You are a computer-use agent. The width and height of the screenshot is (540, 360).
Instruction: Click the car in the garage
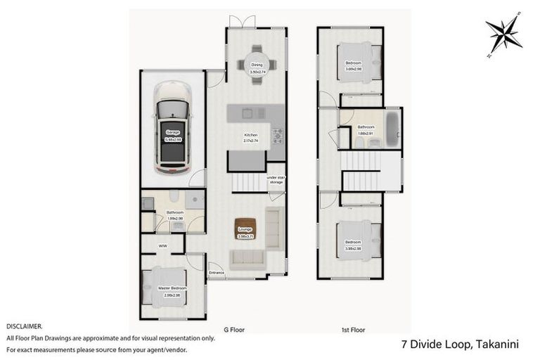pyautogui.click(x=172, y=127)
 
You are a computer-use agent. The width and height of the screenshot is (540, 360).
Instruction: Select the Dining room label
pyautogui.click(x=257, y=65)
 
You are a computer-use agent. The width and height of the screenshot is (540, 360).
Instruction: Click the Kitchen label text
pyautogui.click(x=251, y=134)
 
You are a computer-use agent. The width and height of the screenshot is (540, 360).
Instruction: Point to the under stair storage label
pyautogui.click(x=276, y=180)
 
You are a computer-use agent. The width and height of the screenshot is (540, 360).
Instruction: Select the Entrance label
pyautogui.click(x=217, y=272)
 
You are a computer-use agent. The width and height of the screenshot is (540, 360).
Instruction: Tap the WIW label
pyautogui.click(x=162, y=246)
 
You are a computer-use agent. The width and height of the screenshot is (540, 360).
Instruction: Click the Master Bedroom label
pyautogui.click(x=172, y=288)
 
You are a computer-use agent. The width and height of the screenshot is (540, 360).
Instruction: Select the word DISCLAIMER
pyautogui.click(x=25, y=326)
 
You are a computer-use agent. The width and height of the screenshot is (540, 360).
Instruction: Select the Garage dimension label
pyautogui.click(x=173, y=139)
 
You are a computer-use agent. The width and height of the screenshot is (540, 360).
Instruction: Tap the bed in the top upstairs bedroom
pyautogui.click(x=355, y=63)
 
